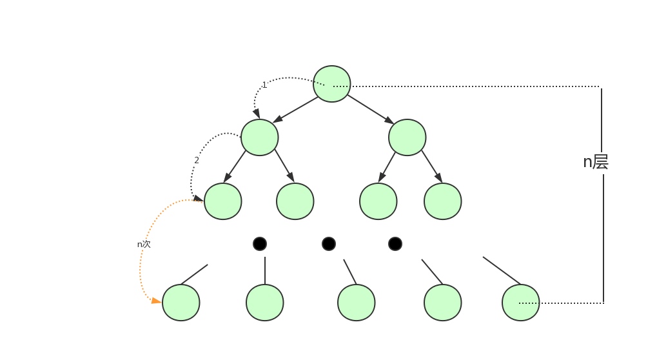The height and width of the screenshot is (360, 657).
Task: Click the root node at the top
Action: coord(331,84)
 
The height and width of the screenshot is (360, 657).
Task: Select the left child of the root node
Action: coord(260,137)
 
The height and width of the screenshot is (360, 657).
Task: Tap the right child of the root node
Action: coord(407,137)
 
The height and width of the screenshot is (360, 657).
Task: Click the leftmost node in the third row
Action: coord(223,201)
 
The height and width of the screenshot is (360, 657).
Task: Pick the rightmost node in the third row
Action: coord(442,201)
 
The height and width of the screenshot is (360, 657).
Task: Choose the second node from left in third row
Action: coord(295,201)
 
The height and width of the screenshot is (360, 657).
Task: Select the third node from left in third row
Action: coord(378,201)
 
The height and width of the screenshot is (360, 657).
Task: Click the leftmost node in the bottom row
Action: coord(181,303)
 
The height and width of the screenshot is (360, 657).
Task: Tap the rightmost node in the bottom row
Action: coord(520,303)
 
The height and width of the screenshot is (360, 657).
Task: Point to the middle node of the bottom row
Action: coord(356,303)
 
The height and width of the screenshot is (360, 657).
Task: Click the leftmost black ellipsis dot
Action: coord(260,244)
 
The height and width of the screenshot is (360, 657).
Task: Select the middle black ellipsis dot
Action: coord(329,244)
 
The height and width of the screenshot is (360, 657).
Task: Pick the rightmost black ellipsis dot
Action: coord(395,244)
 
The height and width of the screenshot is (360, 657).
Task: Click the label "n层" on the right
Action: coord(596,162)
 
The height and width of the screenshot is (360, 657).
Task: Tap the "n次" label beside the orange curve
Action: coord(144,245)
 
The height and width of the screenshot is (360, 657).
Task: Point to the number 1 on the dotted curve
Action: coord(264,85)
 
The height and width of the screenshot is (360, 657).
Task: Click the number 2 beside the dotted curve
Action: coord(197,161)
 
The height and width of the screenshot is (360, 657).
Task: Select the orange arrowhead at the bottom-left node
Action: coord(156,300)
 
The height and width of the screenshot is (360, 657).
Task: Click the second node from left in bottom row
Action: coord(264,303)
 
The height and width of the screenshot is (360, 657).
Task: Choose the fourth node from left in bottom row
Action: coord(442,303)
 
